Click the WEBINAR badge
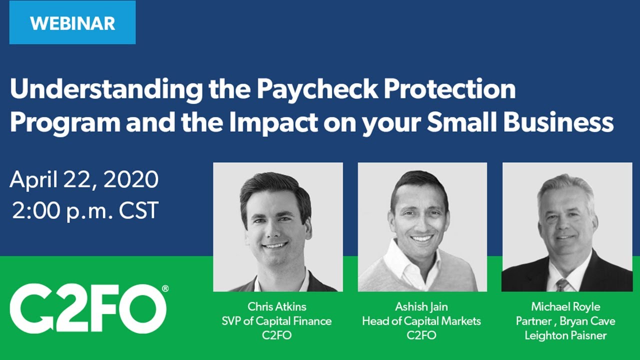click(x=72, y=23)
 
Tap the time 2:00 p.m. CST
click(x=85, y=210)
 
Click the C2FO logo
click(x=87, y=308)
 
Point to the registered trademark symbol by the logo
click(x=165, y=288)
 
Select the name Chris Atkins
click(x=276, y=306)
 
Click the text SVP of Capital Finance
click(x=276, y=321)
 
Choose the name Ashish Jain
click(x=421, y=306)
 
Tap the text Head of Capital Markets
click(x=421, y=321)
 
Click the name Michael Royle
click(x=565, y=306)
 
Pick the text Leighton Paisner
click(x=565, y=335)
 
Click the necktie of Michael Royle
click(x=561, y=284)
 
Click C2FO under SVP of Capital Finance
click(x=276, y=335)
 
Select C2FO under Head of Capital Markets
click(x=421, y=335)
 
